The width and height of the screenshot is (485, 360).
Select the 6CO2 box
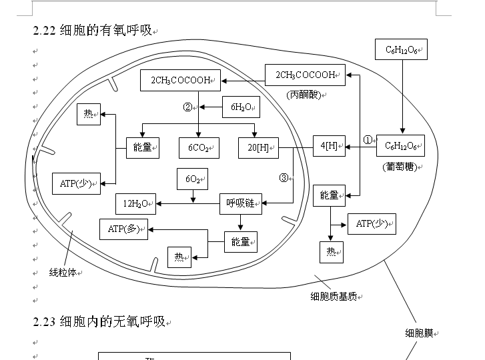click(199, 148)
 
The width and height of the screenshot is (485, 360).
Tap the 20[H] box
click(258, 148)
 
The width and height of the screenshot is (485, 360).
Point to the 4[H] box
click(329, 146)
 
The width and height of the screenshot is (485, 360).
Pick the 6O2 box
click(192, 179)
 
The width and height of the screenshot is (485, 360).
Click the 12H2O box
click(136, 204)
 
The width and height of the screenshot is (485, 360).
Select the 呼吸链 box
click(240, 204)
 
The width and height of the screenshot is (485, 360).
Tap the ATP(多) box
click(123, 229)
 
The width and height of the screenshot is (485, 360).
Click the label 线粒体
click(64, 273)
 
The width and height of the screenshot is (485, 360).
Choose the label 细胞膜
click(420, 333)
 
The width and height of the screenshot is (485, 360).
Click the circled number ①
click(368, 139)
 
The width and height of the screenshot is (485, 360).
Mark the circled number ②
click(187, 107)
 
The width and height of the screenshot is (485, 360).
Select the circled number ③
click(284, 178)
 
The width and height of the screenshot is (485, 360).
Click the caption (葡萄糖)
click(400, 167)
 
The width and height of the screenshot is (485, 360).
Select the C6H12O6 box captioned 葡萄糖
click(400, 146)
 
